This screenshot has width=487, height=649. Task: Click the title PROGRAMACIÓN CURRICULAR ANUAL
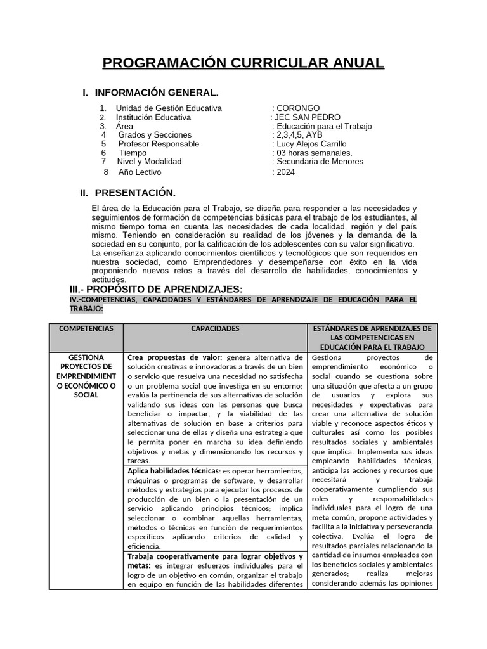243,63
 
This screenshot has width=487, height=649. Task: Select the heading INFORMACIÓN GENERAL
157,93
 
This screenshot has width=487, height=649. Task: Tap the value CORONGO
297,108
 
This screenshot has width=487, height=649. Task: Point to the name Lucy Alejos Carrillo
311,144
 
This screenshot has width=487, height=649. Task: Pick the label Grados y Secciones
155,135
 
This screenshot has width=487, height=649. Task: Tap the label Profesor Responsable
159,144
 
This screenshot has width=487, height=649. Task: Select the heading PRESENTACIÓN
134,193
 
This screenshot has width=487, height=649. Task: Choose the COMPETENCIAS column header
86,329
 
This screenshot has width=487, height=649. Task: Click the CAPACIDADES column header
215,329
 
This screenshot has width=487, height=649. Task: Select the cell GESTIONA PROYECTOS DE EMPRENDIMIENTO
86,376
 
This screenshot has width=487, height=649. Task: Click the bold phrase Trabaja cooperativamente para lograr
209,556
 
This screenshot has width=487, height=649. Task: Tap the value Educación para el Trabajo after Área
322,126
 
